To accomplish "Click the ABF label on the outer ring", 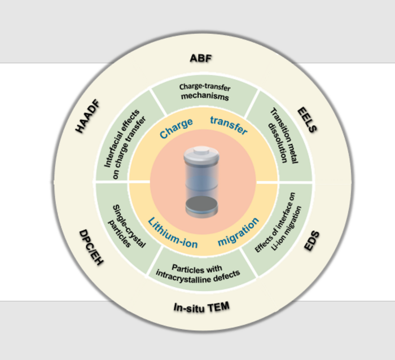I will click(x=201, y=58).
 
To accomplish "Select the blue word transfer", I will click(x=229, y=125).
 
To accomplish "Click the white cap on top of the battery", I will click(x=201, y=153).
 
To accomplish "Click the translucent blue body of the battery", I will click(x=200, y=178).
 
